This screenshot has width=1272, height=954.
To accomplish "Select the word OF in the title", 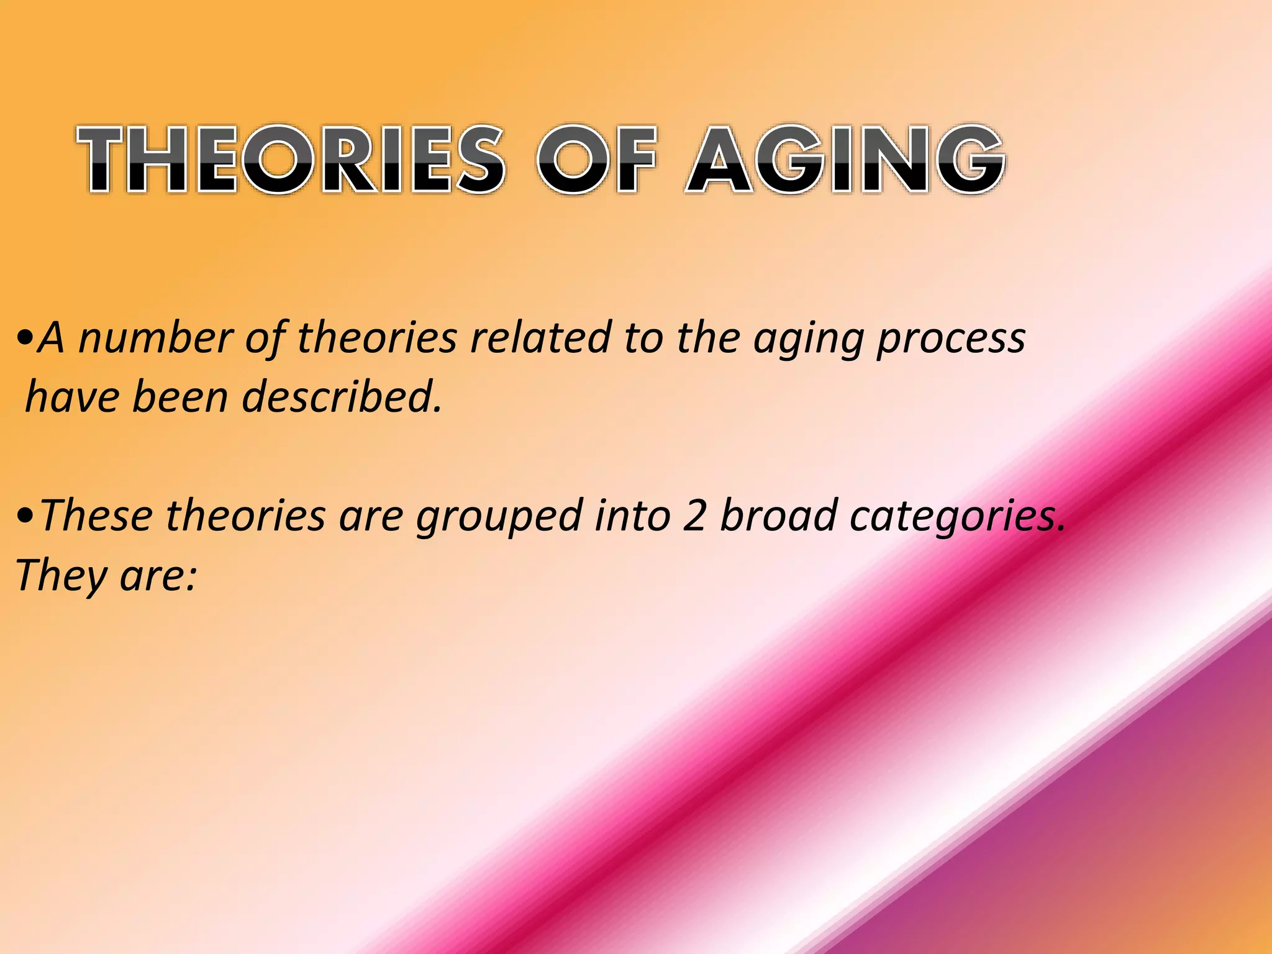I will [x=596, y=159].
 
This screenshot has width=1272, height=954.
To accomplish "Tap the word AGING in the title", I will [x=845, y=159].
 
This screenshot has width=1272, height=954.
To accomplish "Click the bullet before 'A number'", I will [x=25, y=340].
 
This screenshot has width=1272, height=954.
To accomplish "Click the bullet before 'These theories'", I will [x=25, y=517].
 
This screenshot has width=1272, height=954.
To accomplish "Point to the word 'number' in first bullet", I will [x=155, y=338].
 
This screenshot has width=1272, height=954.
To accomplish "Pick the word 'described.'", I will [x=342, y=397].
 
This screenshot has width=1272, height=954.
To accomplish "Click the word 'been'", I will [x=180, y=397].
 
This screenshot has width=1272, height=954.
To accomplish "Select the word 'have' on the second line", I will [x=71, y=397].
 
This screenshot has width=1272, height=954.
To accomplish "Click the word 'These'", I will [x=96, y=516].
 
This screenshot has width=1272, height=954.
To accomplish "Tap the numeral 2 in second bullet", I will [x=694, y=516].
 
